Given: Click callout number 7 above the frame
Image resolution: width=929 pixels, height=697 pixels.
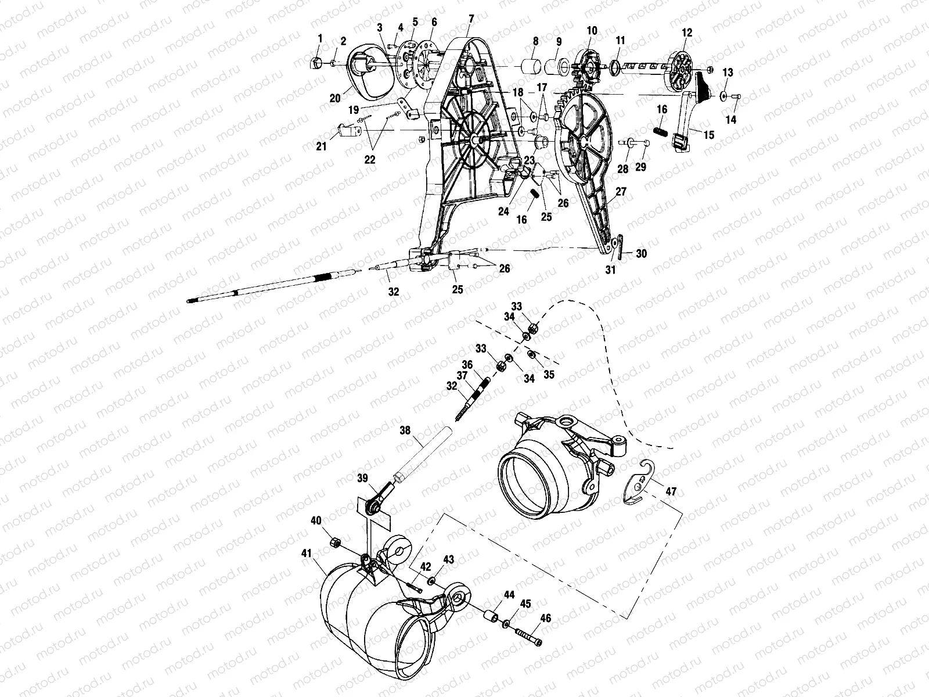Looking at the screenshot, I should [x=471, y=19].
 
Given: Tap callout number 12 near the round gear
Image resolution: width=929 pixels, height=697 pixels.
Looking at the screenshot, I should [x=687, y=33].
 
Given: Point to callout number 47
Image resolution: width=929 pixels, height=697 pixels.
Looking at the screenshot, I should [x=671, y=491].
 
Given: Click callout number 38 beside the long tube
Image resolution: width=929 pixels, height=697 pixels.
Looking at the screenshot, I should [x=405, y=431].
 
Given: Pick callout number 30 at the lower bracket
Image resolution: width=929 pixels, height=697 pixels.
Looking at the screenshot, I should [x=640, y=254].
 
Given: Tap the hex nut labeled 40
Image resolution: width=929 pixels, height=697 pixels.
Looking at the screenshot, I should [x=334, y=542].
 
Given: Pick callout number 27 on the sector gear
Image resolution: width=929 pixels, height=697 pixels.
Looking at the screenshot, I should [x=621, y=191].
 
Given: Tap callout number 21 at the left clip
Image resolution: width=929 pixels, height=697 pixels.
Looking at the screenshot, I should [x=322, y=147].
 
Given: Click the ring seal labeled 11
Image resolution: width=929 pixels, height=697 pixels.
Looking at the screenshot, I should [x=614, y=70].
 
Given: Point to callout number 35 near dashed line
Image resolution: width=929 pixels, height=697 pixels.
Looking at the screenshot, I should [x=549, y=375].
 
